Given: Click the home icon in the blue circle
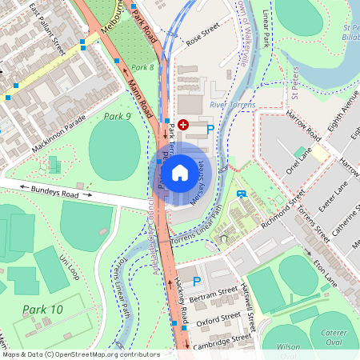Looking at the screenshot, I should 180,172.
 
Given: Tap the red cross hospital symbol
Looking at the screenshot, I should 183,125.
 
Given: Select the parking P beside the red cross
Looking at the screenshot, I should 210,128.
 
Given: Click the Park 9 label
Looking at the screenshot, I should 118,117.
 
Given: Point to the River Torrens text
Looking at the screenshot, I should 233,105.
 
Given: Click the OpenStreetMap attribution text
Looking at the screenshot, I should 80,354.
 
